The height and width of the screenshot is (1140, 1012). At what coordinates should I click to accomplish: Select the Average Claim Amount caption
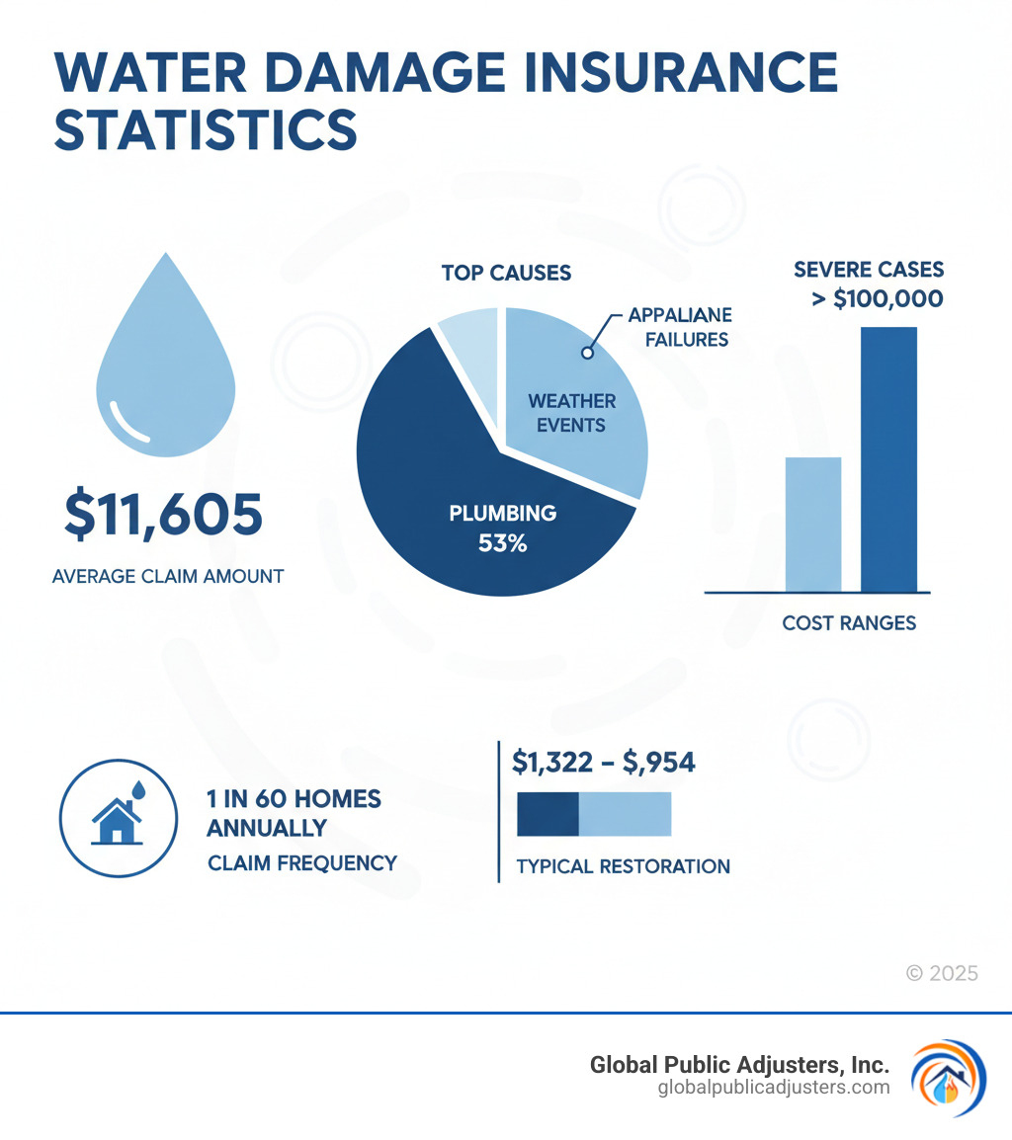pos(167,575)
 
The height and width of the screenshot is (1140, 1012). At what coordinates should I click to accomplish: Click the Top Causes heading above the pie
pos(506,272)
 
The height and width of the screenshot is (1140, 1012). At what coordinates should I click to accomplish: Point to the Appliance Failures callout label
pos(678,327)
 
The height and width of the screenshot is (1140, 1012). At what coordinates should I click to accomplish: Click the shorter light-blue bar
pos(812,524)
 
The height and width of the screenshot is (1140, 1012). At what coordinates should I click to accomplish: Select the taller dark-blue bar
pos(888,458)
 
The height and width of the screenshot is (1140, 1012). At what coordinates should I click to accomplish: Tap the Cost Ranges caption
pos(849,623)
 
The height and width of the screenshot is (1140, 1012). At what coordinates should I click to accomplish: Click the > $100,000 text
pos(877,297)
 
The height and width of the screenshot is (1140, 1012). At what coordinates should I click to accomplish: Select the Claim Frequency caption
pos(301,862)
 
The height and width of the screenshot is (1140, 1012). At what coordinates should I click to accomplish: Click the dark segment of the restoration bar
pos(548,814)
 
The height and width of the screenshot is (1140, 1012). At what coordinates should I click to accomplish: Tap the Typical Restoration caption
pos(623,866)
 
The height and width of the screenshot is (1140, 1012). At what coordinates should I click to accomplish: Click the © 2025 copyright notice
pos(942,973)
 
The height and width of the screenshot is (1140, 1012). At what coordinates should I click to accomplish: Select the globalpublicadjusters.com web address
pos(773,1088)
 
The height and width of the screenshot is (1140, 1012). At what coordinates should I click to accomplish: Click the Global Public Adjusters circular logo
pos(948,1078)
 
